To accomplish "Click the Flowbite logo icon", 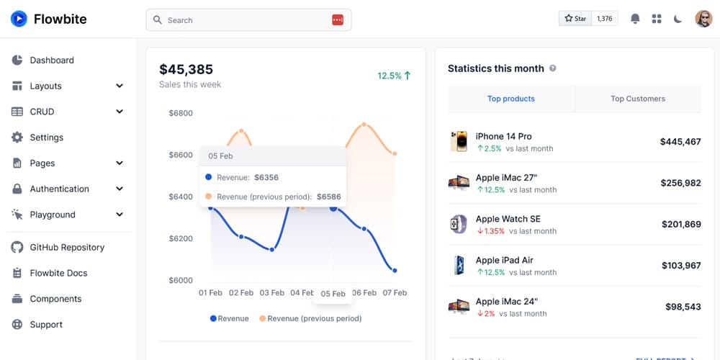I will pyautogui.click(x=19, y=19).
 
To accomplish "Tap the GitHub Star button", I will pyautogui.click(x=575, y=19).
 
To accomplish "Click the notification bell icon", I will pyautogui.click(x=635, y=19).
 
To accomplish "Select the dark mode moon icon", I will pyautogui.click(x=678, y=19).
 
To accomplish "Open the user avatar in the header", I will pyautogui.click(x=703, y=19).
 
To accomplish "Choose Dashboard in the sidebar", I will pyautogui.click(x=52, y=60).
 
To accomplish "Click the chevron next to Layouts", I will pyautogui.click(x=120, y=86).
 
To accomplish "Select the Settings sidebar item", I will pyautogui.click(x=46, y=138).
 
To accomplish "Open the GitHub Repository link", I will pyautogui.click(x=67, y=248).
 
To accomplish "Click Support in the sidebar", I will pyautogui.click(x=46, y=325).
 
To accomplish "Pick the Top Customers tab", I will pyautogui.click(x=638, y=99).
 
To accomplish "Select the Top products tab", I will pyautogui.click(x=511, y=99).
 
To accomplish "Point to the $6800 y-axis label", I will pyautogui.click(x=181, y=113).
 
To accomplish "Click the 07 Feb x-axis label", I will pyautogui.click(x=395, y=293).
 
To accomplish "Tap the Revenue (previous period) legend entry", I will pyautogui.click(x=310, y=318).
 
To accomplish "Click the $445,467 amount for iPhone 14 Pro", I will pyautogui.click(x=680, y=142).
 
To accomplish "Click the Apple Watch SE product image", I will pyautogui.click(x=459, y=224).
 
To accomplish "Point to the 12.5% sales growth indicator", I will pyautogui.click(x=394, y=76).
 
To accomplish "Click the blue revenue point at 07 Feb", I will pyautogui.click(x=395, y=271).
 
